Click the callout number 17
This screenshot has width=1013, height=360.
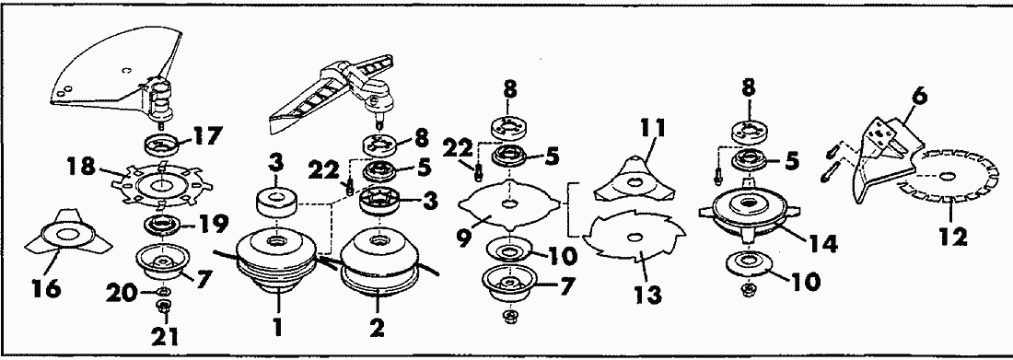pyautogui.click(x=206, y=136)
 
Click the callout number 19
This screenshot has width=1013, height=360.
pyautogui.click(x=214, y=224)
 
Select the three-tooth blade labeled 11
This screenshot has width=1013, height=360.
pyautogui.click(x=635, y=179)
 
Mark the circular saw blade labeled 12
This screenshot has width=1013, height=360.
pyautogui.click(x=949, y=177)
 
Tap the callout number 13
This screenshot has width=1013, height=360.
pyautogui.click(x=648, y=294)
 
